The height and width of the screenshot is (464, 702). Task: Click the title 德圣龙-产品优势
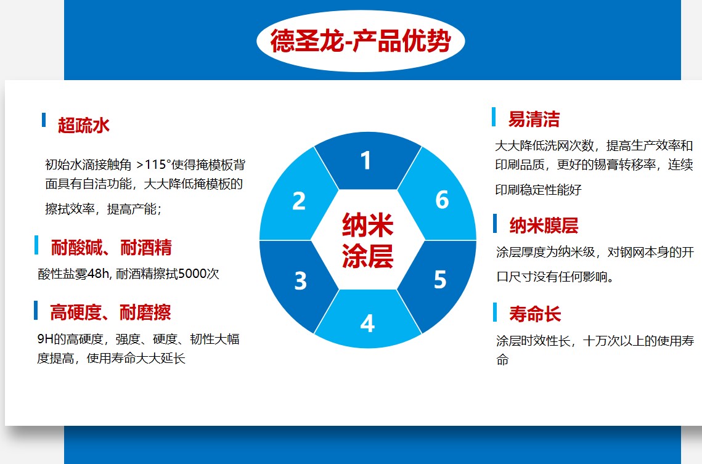361,42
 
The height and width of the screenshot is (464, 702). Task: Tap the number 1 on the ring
366,161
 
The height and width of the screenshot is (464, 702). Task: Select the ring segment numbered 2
299,201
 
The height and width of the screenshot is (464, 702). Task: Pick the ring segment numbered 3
300,280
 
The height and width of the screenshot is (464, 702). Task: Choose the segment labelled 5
439,280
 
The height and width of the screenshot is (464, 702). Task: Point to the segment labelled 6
441,200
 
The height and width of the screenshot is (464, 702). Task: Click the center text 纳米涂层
368,240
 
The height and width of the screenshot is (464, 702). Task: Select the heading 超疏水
84,125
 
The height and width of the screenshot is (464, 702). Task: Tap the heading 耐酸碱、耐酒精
111,248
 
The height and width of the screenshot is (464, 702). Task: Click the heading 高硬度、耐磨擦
110,312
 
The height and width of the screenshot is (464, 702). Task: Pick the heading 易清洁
534,119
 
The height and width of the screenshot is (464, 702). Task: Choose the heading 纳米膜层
544,226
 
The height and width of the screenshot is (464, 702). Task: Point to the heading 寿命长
535,314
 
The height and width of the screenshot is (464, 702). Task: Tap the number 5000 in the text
192,274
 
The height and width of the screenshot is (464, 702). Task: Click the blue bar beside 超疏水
44,120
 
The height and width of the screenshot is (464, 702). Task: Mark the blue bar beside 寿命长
494,312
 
